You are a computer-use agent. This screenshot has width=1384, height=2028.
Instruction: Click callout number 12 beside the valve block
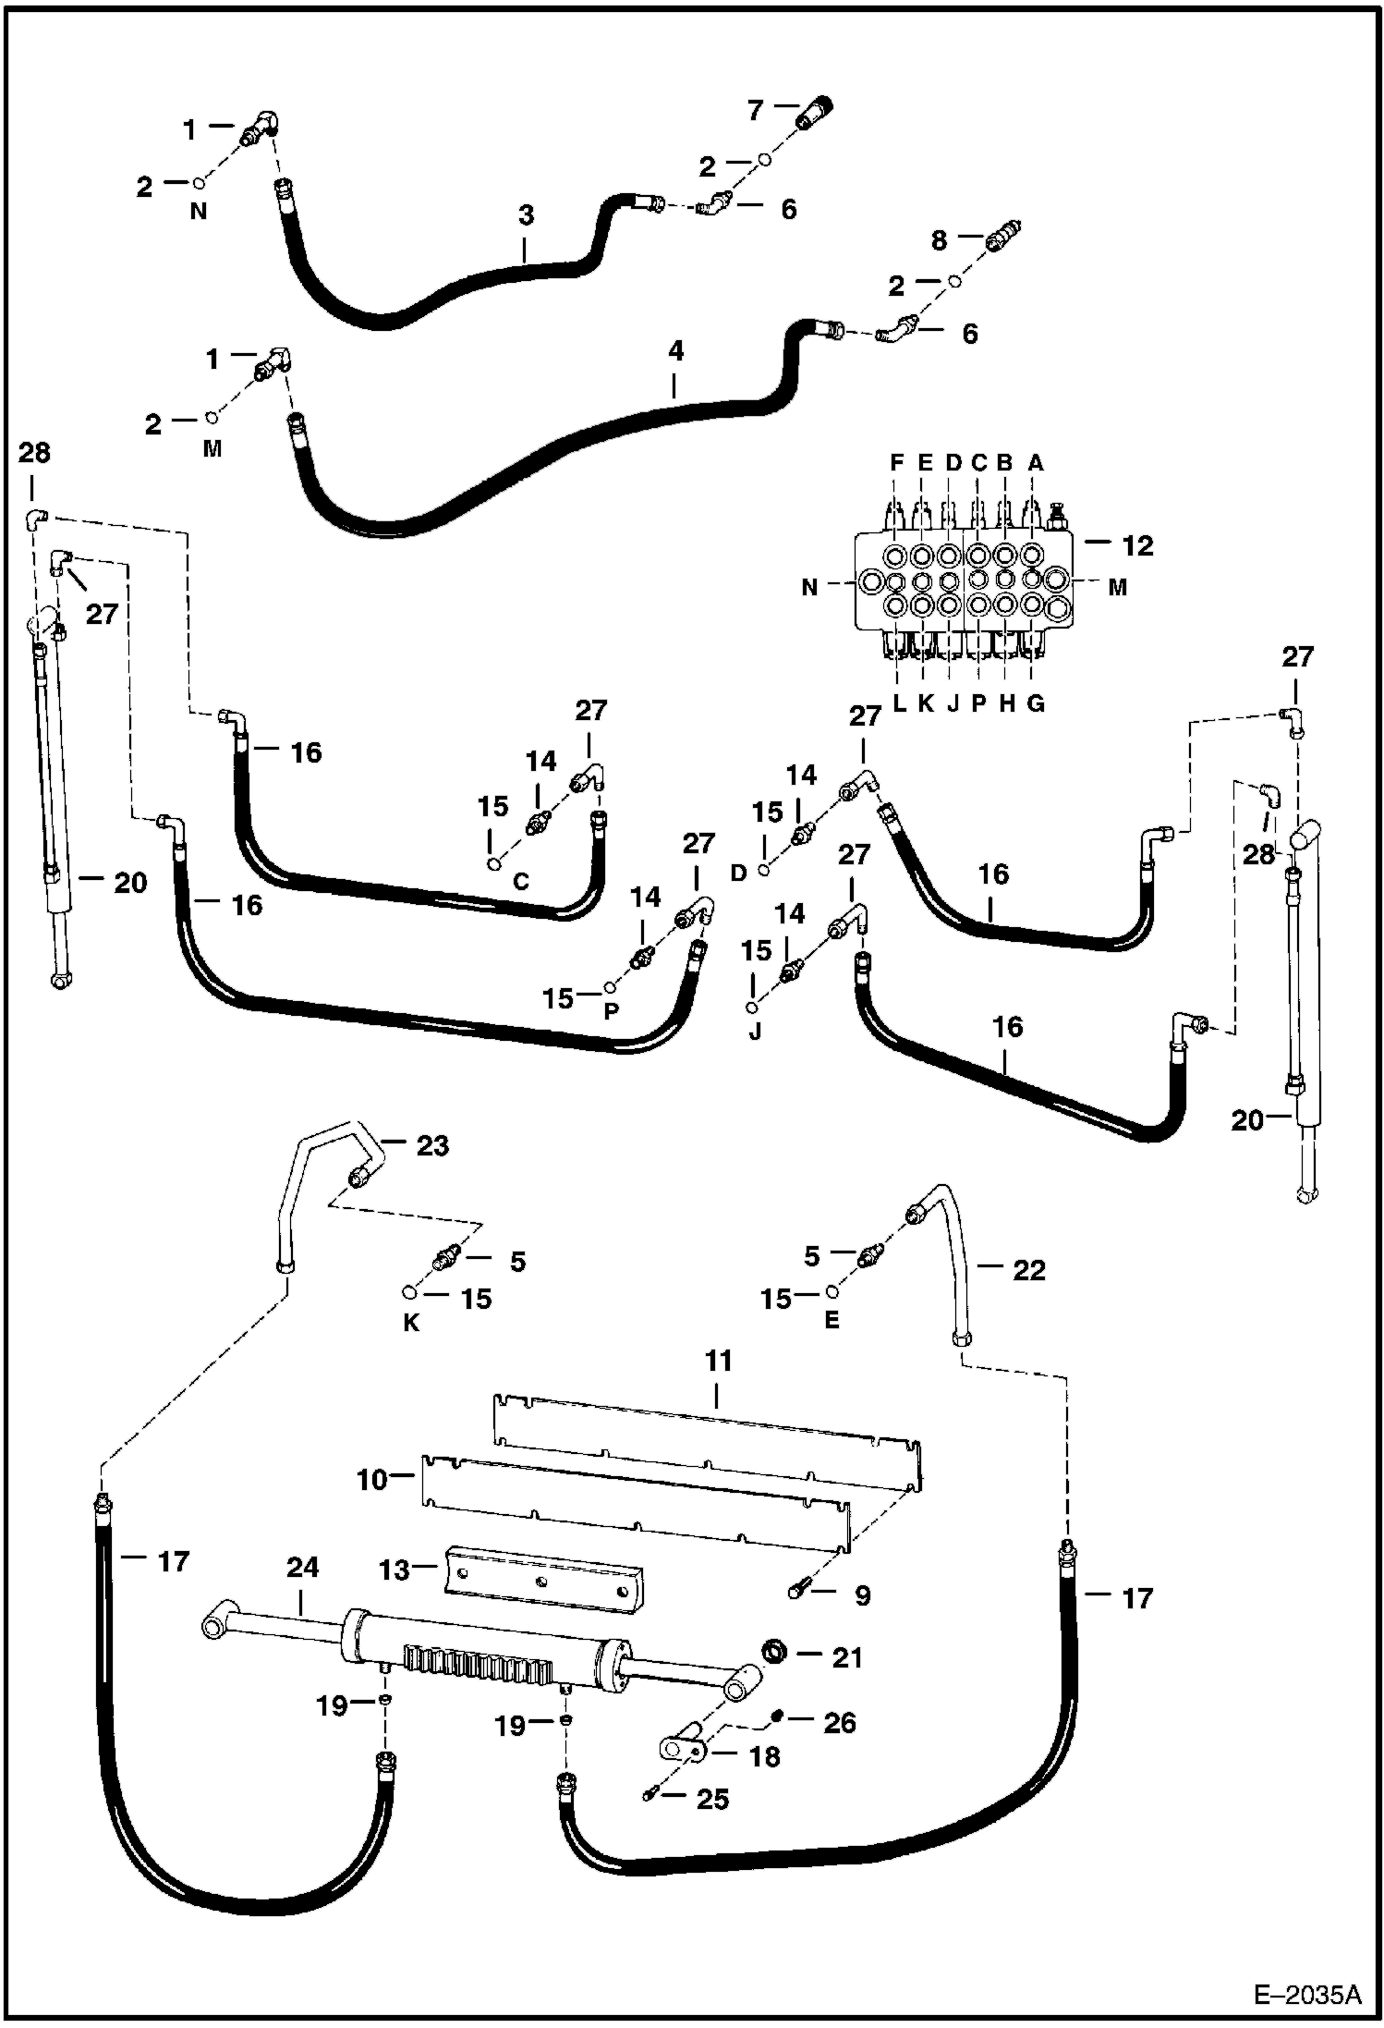(1137, 545)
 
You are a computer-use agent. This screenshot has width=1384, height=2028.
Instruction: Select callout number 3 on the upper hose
(526, 216)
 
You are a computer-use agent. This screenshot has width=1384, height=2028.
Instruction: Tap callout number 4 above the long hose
(675, 351)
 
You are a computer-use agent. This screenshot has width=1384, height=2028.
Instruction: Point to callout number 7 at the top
(756, 110)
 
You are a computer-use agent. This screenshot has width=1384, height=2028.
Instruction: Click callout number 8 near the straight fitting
(939, 240)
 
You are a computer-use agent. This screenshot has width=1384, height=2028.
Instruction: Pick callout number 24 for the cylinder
(302, 1567)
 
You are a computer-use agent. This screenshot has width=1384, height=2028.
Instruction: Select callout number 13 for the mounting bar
(395, 1570)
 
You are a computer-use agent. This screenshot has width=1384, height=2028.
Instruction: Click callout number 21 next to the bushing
(846, 1657)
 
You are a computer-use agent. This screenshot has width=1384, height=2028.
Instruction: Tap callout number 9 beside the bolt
(862, 1595)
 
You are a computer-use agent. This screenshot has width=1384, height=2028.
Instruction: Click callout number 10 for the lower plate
(372, 1480)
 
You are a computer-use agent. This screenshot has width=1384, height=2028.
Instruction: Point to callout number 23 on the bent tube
(431, 1145)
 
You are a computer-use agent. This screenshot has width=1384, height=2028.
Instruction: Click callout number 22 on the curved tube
(1028, 1270)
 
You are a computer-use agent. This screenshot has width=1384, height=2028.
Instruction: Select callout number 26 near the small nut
(839, 1722)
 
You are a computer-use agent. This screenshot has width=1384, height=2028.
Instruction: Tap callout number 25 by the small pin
(712, 1799)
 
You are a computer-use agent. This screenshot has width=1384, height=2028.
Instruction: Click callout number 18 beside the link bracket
(764, 1756)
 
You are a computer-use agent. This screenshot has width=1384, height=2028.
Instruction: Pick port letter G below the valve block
(1036, 703)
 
